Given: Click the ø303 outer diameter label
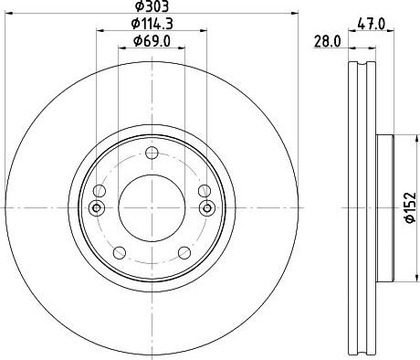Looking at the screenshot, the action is click(x=152, y=6).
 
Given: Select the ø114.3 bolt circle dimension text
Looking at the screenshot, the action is click(x=152, y=24).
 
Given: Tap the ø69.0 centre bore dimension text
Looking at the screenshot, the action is click(x=152, y=41).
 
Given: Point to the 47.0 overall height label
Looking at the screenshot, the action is click(x=371, y=24).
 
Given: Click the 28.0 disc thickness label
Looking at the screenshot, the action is click(x=327, y=42).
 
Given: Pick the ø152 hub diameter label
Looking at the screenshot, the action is click(x=410, y=207).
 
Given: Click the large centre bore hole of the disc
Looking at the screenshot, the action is click(x=152, y=208).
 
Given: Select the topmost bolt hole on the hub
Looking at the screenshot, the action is click(x=152, y=153).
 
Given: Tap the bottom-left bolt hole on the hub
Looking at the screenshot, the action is click(x=120, y=252).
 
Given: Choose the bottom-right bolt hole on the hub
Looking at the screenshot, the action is click(x=184, y=252).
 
